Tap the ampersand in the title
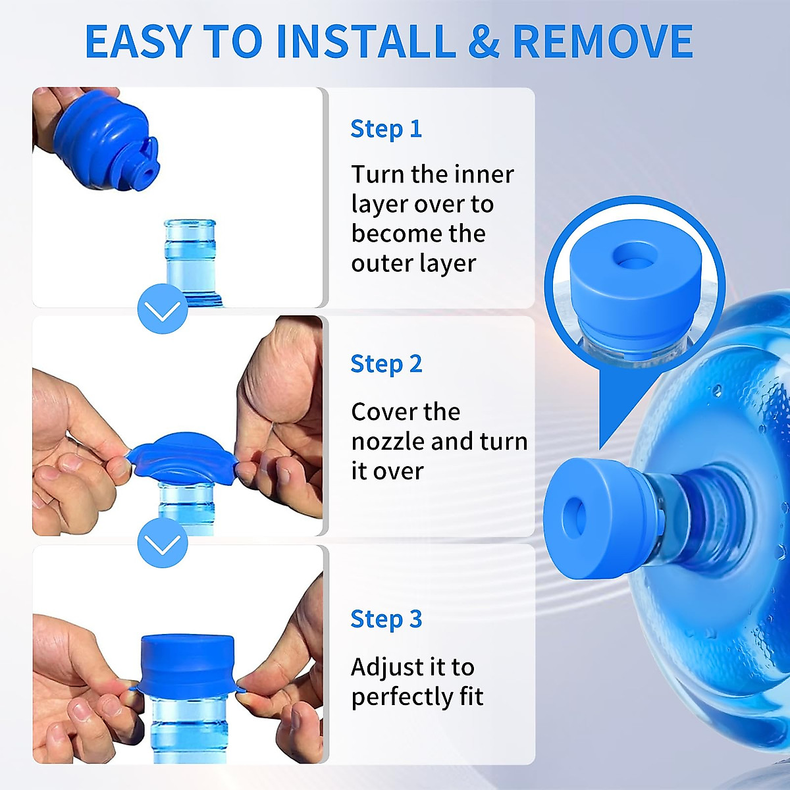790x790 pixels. tap(484, 41)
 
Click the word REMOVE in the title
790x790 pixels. tap(602, 41)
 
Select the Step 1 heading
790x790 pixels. tap(386, 129)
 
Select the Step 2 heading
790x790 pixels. tap(386, 364)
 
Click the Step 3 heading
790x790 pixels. tap(386, 619)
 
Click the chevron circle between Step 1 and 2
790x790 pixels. tap(163, 309)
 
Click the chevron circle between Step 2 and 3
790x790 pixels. tap(163, 543)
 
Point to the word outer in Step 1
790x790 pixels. tap(377, 263)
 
